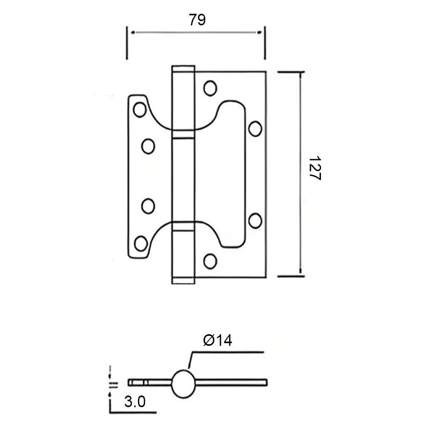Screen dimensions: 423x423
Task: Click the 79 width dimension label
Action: (x=197, y=20)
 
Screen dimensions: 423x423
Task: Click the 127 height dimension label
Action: (x=315, y=170)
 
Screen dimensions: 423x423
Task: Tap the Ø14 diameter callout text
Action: (x=218, y=341)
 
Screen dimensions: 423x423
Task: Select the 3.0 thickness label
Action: (x=135, y=402)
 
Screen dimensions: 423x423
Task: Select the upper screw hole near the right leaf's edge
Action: (x=255, y=128)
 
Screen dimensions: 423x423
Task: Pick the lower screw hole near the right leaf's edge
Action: (x=255, y=219)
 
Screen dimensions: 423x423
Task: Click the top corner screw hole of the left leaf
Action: (x=140, y=109)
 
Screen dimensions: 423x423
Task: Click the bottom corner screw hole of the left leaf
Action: (x=141, y=243)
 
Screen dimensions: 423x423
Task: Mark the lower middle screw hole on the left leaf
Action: (x=148, y=205)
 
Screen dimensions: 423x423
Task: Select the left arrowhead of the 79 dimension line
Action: (x=132, y=33)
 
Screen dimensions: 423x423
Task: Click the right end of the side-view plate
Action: (x=266, y=382)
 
